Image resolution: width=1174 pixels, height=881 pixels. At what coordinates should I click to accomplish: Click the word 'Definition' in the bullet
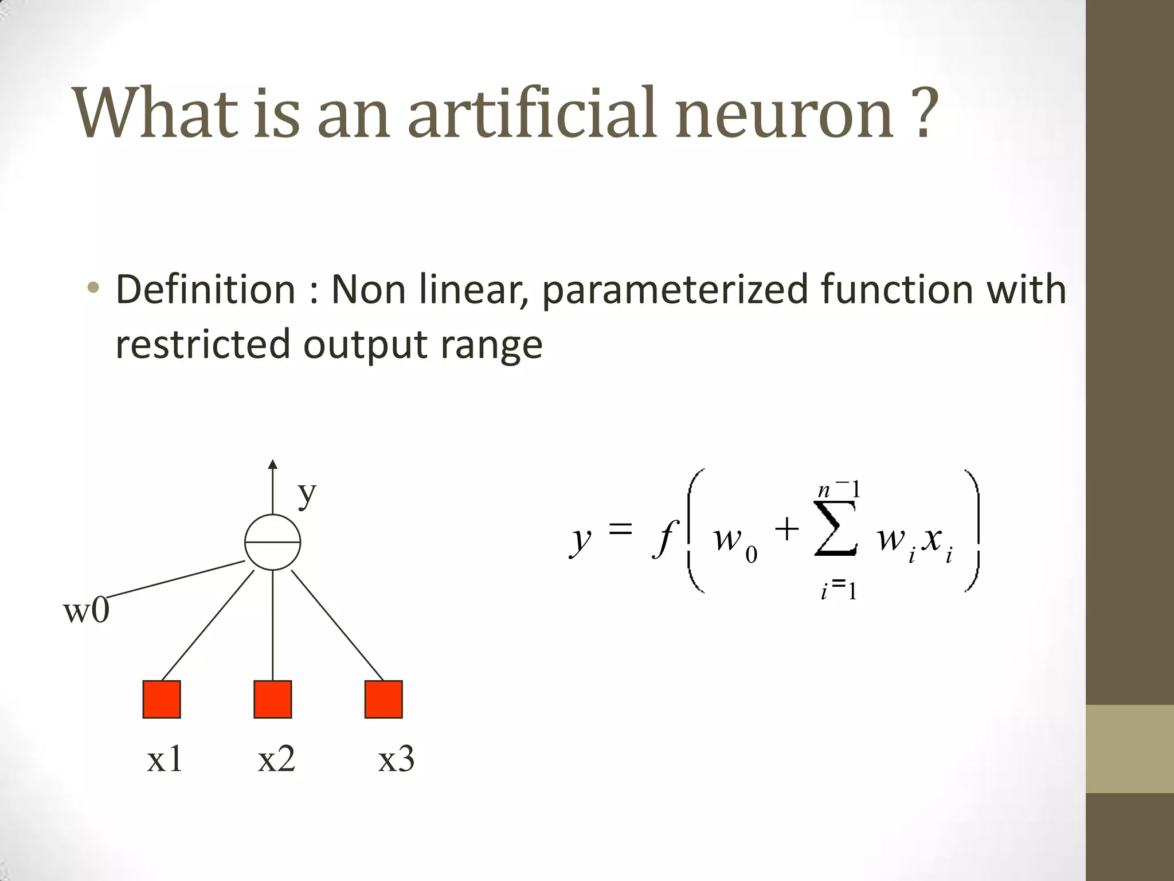pyautogui.click(x=205, y=290)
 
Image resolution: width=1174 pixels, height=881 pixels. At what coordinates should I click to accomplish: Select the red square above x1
pyautogui.click(x=162, y=699)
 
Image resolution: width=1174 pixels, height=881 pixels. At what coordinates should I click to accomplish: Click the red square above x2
pyautogui.click(x=273, y=699)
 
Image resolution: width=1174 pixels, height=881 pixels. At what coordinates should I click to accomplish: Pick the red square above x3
pyautogui.click(x=383, y=699)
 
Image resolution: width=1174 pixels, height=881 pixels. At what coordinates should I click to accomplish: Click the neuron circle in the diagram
pyautogui.click(x=273, y=542)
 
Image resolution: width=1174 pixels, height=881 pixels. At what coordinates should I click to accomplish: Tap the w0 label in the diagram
pyautogui.click(x=86, y=611)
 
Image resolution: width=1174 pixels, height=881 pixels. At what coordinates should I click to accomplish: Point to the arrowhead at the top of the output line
pyautogui.click(x=273, y=464)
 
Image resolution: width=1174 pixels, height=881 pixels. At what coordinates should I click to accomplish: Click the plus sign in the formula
pyautogui.click(x=786, y=529)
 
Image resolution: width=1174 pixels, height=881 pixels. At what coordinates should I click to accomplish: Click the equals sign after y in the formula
pyautogui.click(x=620, y=529)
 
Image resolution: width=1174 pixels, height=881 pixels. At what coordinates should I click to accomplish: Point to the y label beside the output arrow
pyautogui.click(x=307, y=493)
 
